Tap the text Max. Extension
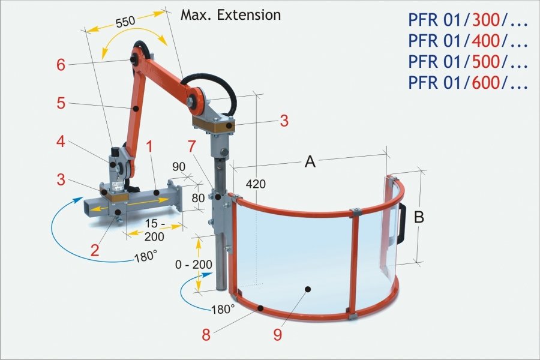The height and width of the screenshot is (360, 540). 230,14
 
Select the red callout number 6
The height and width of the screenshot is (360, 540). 61,64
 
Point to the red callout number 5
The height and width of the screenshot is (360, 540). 61,103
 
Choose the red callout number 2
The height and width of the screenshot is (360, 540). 94,250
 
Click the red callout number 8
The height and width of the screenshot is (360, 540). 206,335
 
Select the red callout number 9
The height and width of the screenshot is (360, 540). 277,334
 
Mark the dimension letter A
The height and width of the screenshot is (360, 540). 310,162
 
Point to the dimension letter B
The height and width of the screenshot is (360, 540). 419,217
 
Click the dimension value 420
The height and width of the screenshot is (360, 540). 256,184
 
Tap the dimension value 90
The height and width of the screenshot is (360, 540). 179,166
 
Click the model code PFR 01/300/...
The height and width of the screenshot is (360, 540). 467,21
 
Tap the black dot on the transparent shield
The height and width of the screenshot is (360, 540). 307,289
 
